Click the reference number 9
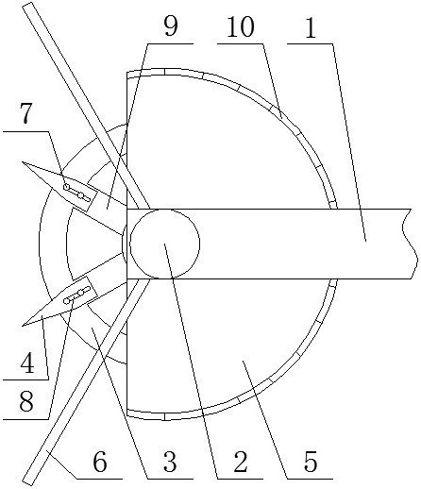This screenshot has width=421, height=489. tap(171, 26)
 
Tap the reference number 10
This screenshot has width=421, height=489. tap(241, 26)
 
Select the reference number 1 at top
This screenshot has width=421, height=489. tap(311, 27)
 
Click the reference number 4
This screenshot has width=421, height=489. tap(27, 363)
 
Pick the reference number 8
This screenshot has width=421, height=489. tap(26, 401)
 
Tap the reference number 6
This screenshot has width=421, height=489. tap(100, 462)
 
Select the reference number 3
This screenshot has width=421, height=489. tap(170, 462)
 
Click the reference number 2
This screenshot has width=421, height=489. tap(241, 462)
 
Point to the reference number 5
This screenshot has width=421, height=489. tap(311, 462)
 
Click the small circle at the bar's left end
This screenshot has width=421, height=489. tap(164, 244)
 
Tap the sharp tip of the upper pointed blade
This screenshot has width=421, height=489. tap(22, 162)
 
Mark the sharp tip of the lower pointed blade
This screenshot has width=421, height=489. tap(23, 325)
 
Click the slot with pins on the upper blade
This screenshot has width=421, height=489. tap(76, 193)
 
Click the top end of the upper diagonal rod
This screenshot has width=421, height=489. tap(27, 5)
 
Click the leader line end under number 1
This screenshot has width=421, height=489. tap(365, 241)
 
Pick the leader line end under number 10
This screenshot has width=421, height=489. tap(281, 119)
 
